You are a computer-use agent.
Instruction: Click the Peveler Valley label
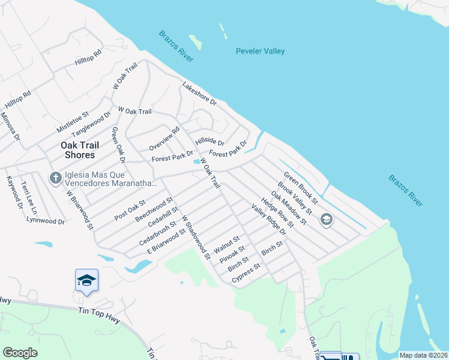coord(260,51)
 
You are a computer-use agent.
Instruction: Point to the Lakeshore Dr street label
coord(199,94)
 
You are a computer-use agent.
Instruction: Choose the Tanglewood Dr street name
coord(92,123)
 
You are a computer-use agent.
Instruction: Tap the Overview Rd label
coord(164,139)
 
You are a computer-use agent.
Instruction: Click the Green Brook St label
coord(301,186)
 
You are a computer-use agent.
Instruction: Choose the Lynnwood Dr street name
coord(46,221)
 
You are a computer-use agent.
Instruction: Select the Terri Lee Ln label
coord(29,199)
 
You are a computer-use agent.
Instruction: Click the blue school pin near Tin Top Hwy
coord(86,281)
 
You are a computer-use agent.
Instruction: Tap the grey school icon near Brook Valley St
coord(326,219)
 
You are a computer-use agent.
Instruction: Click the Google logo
coord(20,353)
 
